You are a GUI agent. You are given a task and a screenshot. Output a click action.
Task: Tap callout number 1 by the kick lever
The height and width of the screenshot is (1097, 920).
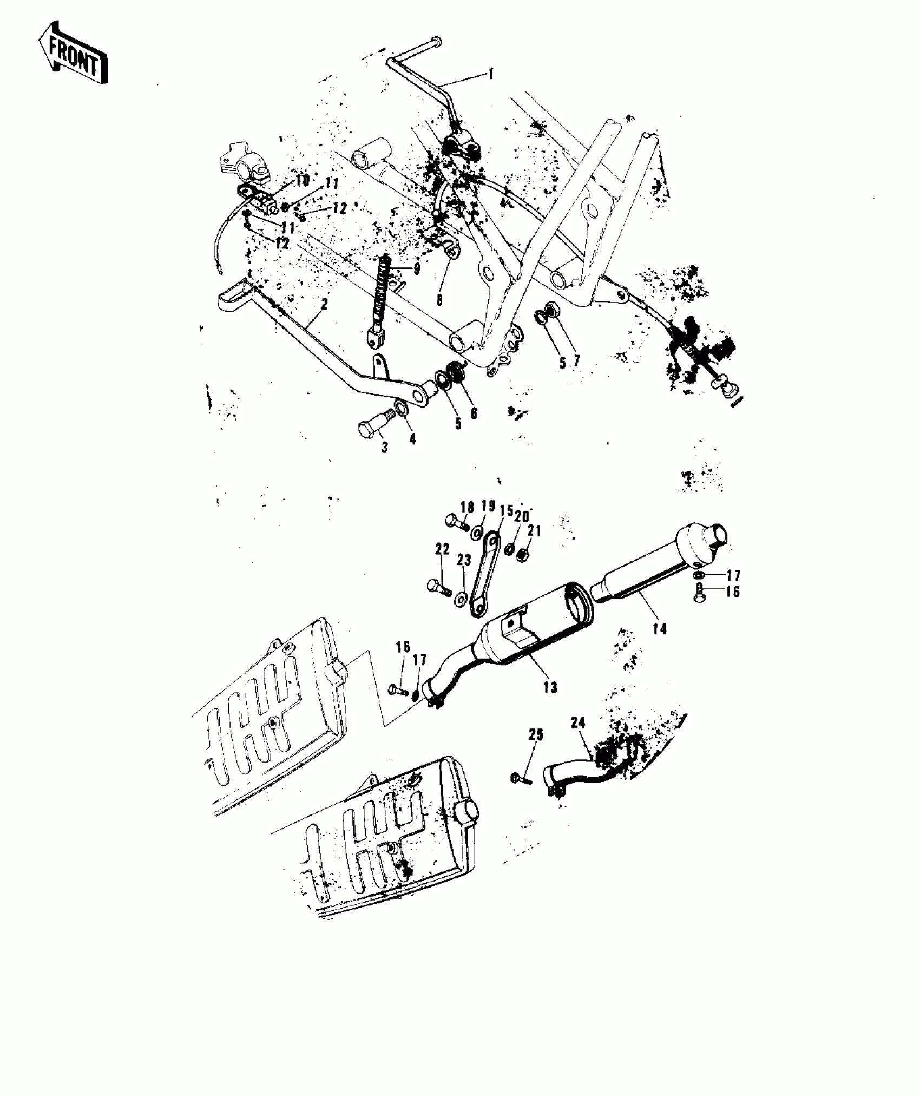click(x=491, y=74)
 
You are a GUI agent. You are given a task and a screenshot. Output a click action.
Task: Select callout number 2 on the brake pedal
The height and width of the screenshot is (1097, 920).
click(x=324, y=304)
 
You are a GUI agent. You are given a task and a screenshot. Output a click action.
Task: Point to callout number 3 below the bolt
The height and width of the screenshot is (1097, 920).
click(x=385, y=448)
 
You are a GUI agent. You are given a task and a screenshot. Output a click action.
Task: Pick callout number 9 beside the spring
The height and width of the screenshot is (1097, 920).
click(x=416, y=269)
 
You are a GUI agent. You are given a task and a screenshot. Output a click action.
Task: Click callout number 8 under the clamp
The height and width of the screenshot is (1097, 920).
click(x=439, y=299)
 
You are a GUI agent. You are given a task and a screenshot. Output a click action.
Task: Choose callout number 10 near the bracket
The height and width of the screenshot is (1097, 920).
click(x=301, y=180)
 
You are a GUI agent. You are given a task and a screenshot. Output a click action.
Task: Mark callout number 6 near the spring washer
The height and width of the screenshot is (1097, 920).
click(x=474, y=412)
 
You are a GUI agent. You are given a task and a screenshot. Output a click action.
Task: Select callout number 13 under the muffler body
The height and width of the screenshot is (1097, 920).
click(x=550, y=687)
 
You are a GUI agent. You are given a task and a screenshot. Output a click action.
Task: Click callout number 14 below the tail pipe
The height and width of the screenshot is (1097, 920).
click(x=660, y=628)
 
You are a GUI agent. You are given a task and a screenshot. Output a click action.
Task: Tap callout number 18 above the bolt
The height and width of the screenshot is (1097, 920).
click(x=467, y=507)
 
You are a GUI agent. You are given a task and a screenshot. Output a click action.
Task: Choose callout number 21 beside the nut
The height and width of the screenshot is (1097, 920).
click(x=534, y=531)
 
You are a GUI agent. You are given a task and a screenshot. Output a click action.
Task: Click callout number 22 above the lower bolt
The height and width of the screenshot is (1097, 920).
click(x=442, y=549)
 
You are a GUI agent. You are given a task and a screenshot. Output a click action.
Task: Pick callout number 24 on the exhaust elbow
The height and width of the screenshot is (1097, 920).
click(x=578, y=722)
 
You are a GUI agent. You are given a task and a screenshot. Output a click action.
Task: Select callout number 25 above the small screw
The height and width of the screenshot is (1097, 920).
click(x=536, y=735)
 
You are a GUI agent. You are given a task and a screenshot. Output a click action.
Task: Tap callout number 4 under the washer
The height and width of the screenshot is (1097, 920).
click(x=412, y=439)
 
